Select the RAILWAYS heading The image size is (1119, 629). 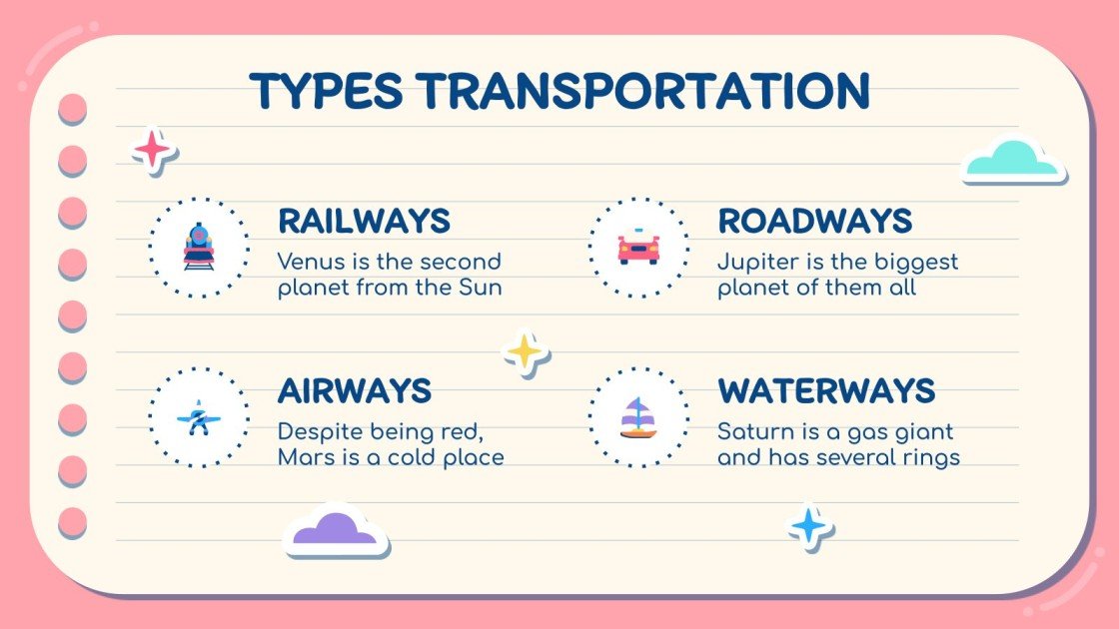[364, 221]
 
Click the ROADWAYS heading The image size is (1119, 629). [814, 221]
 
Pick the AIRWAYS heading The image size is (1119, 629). [354, 390]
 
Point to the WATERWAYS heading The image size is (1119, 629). [826, 390]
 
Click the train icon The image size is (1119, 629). [199, 247]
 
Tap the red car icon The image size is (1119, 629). [638, 247]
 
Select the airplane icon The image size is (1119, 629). [199, 417]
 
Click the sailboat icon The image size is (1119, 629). [638, 417]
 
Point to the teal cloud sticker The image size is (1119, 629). [1012, 161]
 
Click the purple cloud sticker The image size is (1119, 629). [336, 529]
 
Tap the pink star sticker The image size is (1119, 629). [153, 150]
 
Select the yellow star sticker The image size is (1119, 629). [525, 352]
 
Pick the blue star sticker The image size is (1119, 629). [808, 525]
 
